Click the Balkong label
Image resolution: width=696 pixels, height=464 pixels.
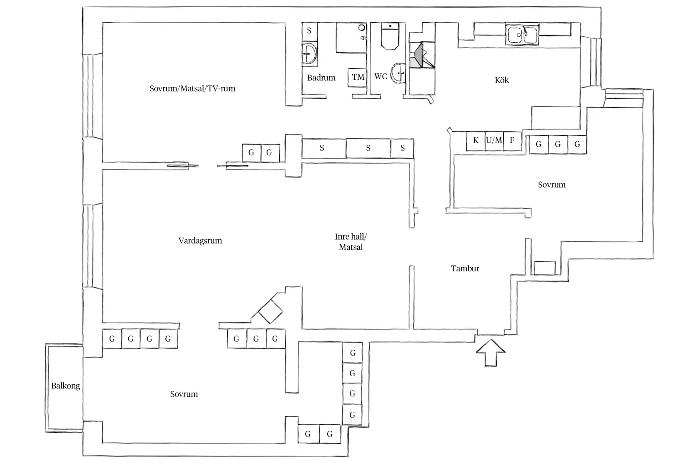[x=65, y=386]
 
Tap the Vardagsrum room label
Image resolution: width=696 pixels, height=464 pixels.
[x=200, y=240]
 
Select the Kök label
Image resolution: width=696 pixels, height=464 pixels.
[x=502, y=80]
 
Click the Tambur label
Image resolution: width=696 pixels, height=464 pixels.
[x=465, y=268]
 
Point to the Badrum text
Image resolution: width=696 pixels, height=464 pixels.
[x=321, y=77]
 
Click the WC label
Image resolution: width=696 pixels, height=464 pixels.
[x=380, y=76]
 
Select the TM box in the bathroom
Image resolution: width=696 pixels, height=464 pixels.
[x=358, y=77]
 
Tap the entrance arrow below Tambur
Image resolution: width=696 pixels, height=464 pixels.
[x=491, y=353]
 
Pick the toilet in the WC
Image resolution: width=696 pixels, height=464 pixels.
[x=390, y=36]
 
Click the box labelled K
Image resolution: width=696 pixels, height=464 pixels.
[x=475, y=141]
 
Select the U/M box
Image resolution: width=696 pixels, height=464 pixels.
[x=494, y=141]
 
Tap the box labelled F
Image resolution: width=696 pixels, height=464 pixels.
[x=513, y=141]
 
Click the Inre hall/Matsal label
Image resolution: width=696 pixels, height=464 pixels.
[x=351, y=242]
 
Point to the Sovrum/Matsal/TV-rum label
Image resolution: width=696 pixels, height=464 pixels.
[x=192, y=89]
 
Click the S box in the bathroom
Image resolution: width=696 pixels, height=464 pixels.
[x=310, y=31]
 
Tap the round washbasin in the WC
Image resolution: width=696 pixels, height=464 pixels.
[x=398, y=73]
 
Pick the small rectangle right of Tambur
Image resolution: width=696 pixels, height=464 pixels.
[x=545, y=268]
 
